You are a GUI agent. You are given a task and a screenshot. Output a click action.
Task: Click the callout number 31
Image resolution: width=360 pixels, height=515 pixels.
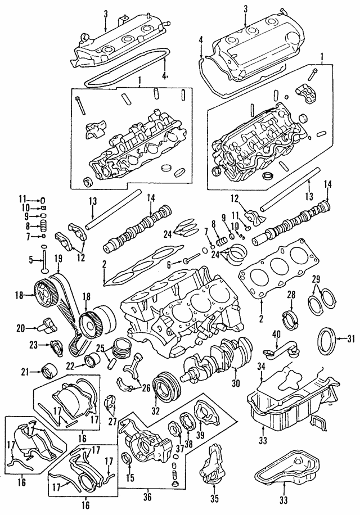(351, 338)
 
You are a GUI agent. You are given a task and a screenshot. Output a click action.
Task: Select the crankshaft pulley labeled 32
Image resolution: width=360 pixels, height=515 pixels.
(167, 385)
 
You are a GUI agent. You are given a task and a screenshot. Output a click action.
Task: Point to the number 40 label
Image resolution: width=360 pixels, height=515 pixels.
(276, 333)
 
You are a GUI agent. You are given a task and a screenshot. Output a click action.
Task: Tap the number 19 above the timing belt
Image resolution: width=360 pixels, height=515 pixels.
(57, 258)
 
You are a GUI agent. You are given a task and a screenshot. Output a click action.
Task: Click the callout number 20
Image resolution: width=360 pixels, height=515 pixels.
(21, 327)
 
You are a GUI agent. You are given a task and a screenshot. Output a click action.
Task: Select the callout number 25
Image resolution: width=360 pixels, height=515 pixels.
(99, 347)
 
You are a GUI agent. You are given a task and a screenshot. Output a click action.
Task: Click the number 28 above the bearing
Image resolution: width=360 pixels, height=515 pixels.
(291, 295)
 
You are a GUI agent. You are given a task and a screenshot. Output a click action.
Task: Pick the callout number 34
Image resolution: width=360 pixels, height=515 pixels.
(260, 367)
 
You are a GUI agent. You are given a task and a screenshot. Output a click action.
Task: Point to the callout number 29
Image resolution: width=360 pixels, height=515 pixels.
(316, 278)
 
